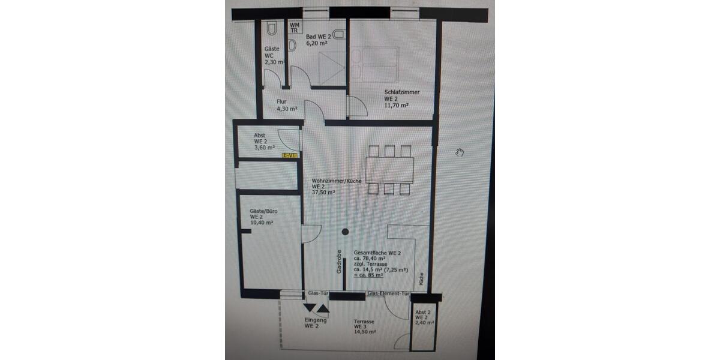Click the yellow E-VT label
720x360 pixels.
pos(290,156)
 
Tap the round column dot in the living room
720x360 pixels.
pos(345,232)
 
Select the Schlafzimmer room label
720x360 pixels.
pos(401,92)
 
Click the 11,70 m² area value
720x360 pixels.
pos(396,105)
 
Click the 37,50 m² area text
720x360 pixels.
pos(323,193)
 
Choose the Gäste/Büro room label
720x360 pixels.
pos(263,211)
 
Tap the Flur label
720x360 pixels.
pos(283,101)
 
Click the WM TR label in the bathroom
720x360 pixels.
pos(295,27)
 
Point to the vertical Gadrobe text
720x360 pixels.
pos(339,262)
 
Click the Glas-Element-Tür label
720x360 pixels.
pos(388,294)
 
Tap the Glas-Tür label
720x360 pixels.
pos(317,294)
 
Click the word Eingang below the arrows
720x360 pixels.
pos(316,320)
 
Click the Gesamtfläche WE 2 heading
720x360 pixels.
pos(377,253)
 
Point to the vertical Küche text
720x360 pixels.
pos(421,277)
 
